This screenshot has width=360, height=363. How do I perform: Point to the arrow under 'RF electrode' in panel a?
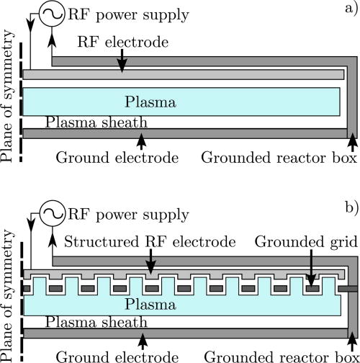coord(122,63)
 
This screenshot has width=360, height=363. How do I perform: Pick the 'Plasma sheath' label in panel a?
coord(87,122)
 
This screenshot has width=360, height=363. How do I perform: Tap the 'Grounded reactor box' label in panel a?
coord(279,156)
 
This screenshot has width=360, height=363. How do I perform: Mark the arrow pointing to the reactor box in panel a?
coord(351,140)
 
